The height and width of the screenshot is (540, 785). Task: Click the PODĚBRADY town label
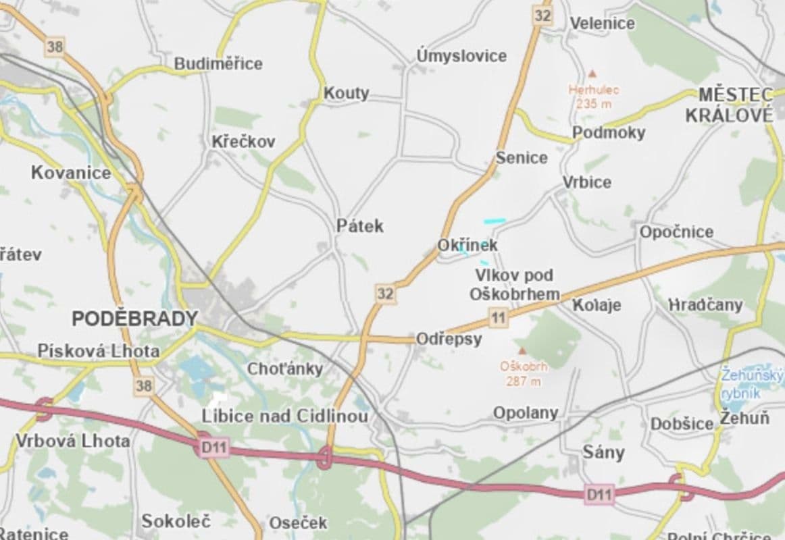click(x=134, y=319)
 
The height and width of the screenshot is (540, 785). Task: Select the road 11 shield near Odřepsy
click(x=499, y=317)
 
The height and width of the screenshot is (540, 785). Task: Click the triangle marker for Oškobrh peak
click(x=522, y=351)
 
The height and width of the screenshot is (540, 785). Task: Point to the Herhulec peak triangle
click(x=592, y=73)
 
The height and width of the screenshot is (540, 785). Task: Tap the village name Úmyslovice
click(x=461, y=55)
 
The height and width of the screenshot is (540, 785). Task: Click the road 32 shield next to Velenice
click(x=542, y=15)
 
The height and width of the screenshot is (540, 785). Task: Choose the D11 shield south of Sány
click(x=599, y=495)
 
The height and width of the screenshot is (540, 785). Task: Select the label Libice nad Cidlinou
click(x=285, y=416)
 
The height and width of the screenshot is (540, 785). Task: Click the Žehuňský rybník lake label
click(x=751, y=383)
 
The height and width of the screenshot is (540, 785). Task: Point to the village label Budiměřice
click(x=218, y=63)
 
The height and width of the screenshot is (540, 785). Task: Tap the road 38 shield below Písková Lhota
click(x=143, y=385)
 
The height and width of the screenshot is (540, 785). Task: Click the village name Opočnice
click(x=676, y=232)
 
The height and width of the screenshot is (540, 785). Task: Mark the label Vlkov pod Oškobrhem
click(x=515, y=284)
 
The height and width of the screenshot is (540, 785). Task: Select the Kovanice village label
click(x=71, y=173)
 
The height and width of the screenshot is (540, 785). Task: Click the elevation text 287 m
click(x=523, y=381)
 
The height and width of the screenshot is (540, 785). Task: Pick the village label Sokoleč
click(x=176, y=521)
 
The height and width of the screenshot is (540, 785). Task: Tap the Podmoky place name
click(x=609, y=132)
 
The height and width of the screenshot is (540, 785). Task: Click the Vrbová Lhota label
click(x=72, y=441)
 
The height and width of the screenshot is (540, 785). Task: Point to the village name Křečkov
click(x=243, y=142)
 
